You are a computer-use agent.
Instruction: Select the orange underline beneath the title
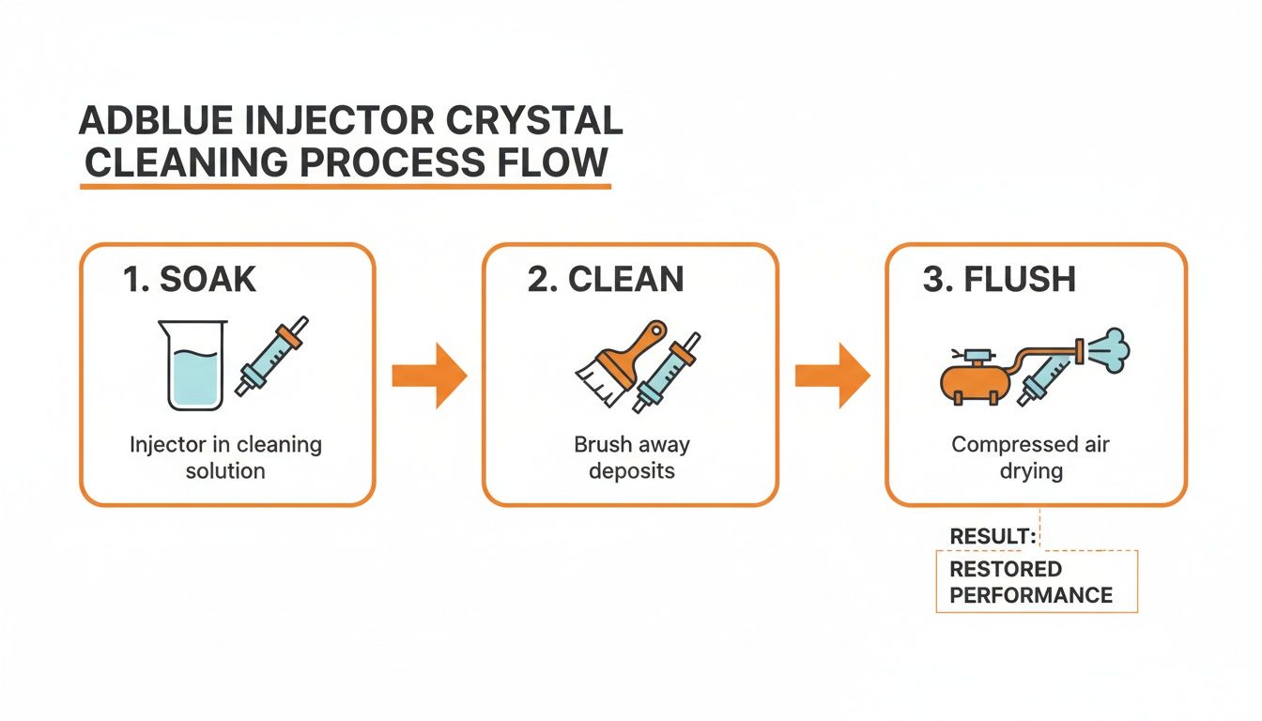point(346,187)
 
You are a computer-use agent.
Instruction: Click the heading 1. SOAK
point(189,280)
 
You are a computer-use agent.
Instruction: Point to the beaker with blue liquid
point(192,366)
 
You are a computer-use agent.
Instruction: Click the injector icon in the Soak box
point(273,356)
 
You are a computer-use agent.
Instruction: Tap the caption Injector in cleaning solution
point(225,456)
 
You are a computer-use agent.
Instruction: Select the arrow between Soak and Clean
point(430,376)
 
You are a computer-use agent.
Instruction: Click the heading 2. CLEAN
point(606,280)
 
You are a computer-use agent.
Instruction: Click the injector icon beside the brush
point(667,372)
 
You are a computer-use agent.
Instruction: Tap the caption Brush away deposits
point(631,456)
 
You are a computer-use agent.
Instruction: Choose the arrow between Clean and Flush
point(833,376)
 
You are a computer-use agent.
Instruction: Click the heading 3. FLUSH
point(998,280)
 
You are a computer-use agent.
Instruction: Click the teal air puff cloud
point(1111,348)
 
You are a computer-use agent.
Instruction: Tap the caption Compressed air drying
point(1030,456)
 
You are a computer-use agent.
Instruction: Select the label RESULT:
point(993,536)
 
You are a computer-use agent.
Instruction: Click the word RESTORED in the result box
point(1006,569)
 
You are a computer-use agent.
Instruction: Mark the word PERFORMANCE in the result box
point(1031,595)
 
